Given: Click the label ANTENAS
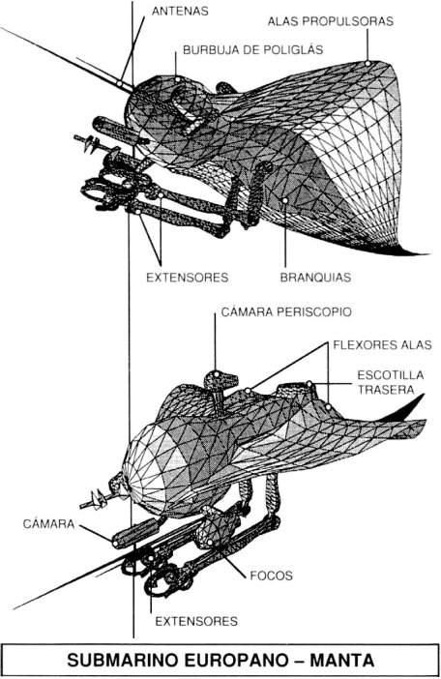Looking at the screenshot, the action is pyautogui.click(x=180, y=11).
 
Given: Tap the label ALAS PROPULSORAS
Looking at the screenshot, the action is pyautogui.click(x=330, y=21).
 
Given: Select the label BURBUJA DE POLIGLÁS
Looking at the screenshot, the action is pyautogui.click(x=252, y=49).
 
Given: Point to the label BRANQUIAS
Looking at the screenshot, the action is pyautogui.click(x=315, y=278).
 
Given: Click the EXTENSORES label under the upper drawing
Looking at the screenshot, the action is pyautogui.click(x=187, y=278).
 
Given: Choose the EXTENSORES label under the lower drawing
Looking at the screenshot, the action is pyautogui.click(x=196, y=621).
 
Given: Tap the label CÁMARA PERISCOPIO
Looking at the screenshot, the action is pyautogui.click(x=286, y=311).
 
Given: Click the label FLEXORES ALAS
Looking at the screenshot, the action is pyautogui.click(x=382, y=344).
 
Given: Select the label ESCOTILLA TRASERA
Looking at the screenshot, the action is pyautogui.click(x=385, y=382).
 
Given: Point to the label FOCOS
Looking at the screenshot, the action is pyautogui.click(x=272, y=576).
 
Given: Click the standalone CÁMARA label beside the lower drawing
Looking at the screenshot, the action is pyautogui.click(x=48, y=523).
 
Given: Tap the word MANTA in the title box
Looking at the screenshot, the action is pyautogui.click(x=341, y=661).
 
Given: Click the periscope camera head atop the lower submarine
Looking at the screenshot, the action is pyautogui.click(x=220, y=381).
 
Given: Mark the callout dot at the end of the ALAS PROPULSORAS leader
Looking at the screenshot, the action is pyautogui.click(x=367, y=63).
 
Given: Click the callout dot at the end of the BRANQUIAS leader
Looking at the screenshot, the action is pyautogui.click(x=285, y=200).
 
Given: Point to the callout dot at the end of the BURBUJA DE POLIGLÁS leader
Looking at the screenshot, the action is pyautogui.click(x=177, y=79).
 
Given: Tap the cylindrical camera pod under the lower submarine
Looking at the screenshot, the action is pyautogui.click(x=136, y=532).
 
